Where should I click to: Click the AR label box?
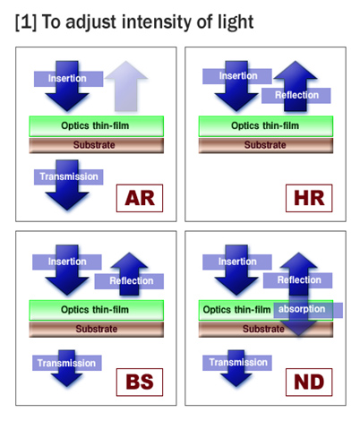click(x=140, y=198)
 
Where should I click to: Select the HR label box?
click(x=309, y=198)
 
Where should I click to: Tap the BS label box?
click(x=140, y=382)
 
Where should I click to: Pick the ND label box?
click(x=309, y=382)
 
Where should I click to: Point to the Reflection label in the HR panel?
click(x=296, y=96)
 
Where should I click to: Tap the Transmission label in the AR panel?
click(x=69, y=177)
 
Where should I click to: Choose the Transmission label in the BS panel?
click(x=67, y=363)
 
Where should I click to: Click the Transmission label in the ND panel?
click(x=237, y=363)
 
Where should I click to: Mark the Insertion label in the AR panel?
click(x=69, y=79)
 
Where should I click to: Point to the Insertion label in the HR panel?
click(x=237, y=76)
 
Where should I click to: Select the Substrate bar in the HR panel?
click(x=266, y=145)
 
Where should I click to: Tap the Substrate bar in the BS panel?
click(x=97, y=330)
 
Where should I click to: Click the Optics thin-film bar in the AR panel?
click(x=97, y=126)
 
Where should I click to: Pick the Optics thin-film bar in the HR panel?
click(x=266, y=126)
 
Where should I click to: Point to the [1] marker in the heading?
click(x=26, y=22)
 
